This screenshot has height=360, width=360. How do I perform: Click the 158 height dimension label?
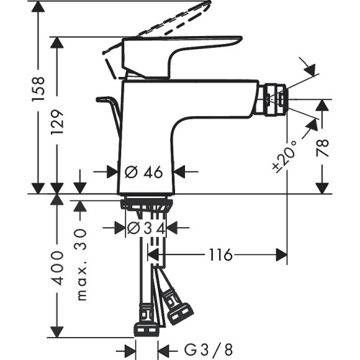pos(38,90)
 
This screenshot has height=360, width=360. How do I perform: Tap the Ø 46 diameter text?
pos(144,172)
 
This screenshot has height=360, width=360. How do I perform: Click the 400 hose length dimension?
pos(58,268)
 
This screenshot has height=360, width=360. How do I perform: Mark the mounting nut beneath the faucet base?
pos(145,204)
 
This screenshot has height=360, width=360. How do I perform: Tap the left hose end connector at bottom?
pos(145,320)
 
